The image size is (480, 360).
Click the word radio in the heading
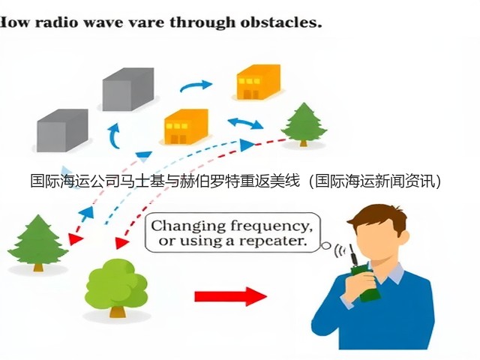[57, 22]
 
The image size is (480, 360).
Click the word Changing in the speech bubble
[188, 226]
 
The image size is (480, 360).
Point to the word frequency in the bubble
[271, 226]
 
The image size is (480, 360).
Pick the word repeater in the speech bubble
[273, 241]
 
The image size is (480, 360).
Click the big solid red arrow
[231, 296]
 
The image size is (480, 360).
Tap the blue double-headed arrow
[245, 123]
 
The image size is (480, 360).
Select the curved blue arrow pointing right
[196, 85]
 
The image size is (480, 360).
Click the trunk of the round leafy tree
[118, 311]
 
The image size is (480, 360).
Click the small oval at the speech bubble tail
[326, 245]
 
